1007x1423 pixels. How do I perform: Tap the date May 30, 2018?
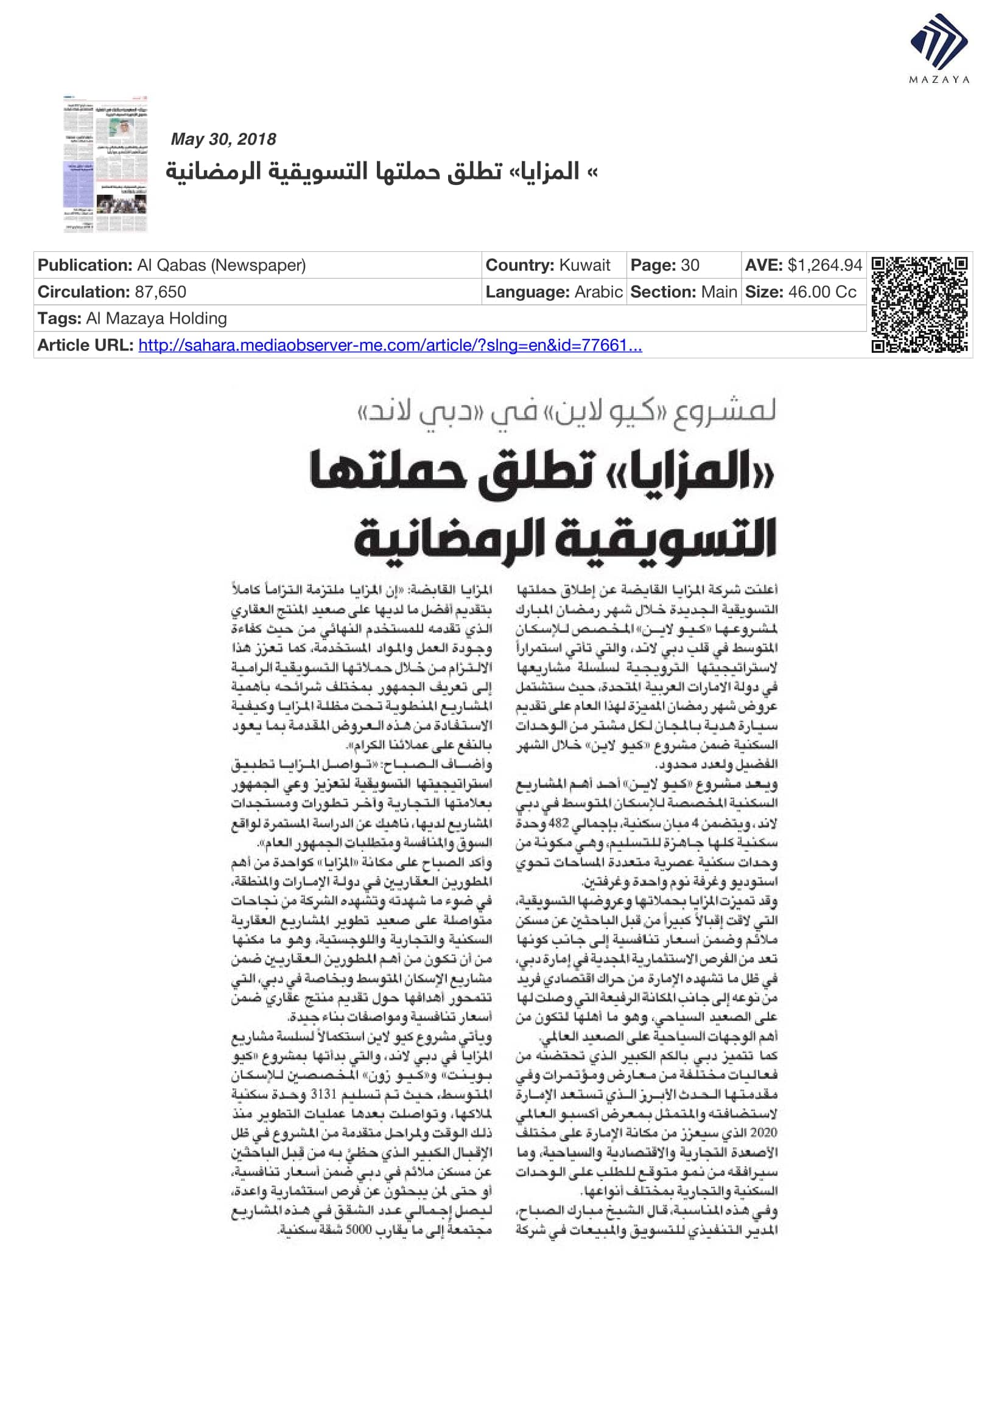click(x=223, y=139)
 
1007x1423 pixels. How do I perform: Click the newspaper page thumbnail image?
click(x=105, y=164)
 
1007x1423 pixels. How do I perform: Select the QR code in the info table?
click(x=919, y=304)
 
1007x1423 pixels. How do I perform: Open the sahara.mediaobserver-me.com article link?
click(x=390, y=345)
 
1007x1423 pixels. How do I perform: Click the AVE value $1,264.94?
click(x=825, y=265)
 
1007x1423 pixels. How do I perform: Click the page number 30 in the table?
click(x=690, y=265)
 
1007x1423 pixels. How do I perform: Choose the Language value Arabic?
click(x=598, y=292)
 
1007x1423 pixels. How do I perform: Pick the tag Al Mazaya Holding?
click(x=156, y=319)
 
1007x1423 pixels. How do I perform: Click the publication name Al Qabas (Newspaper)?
click(x=222, y=265)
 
